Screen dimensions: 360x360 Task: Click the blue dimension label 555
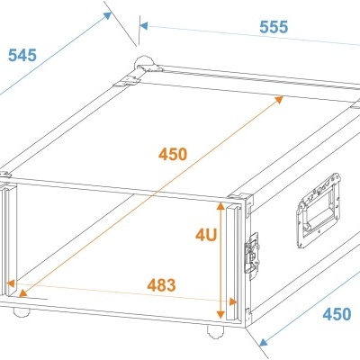coord(274,27)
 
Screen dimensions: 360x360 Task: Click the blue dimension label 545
coord(22,55)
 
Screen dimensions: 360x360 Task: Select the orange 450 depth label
coord(173,155)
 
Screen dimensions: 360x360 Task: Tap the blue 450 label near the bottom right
coord(337,314)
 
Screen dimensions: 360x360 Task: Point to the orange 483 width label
coord(161,285)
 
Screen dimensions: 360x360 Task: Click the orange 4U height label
coord(206,235)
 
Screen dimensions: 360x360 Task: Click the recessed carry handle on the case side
coord(319,210)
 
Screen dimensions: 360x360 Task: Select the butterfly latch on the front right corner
coord(252,253)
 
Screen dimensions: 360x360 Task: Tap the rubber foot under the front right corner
coord(216,331)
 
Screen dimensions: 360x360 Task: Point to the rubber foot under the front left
coord(22,312)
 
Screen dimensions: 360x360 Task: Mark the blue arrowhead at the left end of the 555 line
coord(144,26)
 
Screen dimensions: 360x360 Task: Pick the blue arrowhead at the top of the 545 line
coord(107,15)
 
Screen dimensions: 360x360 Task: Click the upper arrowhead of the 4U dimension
coord(220,207)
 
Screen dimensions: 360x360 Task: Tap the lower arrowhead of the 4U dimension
coord(220,314)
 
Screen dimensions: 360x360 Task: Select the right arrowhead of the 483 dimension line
coord(233,301)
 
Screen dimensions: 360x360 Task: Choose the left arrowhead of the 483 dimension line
coord(11,283)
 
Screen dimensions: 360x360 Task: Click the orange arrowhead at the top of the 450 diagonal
coord(279,100)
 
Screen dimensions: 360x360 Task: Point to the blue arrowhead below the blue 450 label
coord(264,342)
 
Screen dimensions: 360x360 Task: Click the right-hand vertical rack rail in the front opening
coord(233,262)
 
